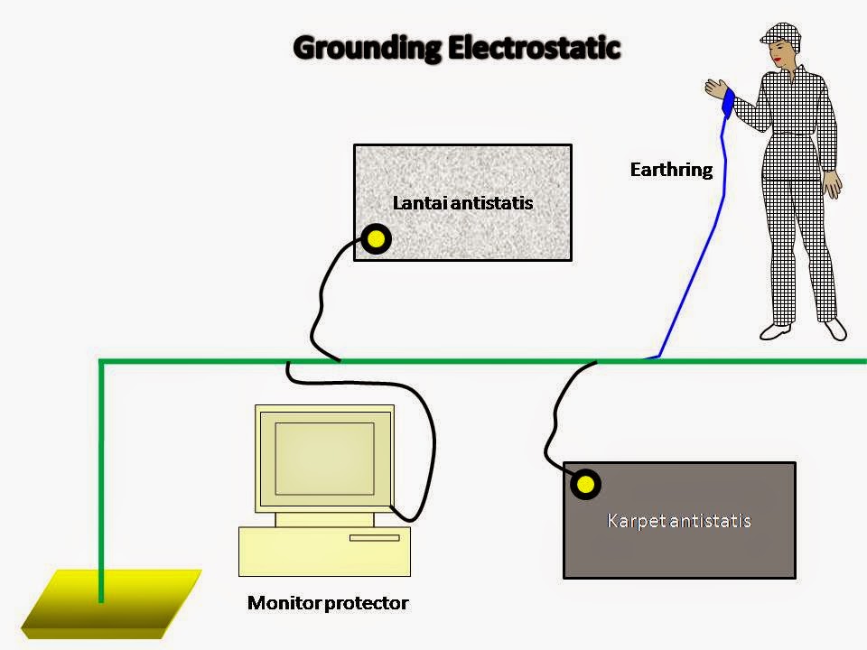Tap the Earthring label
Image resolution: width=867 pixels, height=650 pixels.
(671, 170)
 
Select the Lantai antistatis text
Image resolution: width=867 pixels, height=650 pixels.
(462, 203)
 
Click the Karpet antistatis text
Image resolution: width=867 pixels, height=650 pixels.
(679, 521)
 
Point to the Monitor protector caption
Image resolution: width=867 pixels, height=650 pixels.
(328, 603)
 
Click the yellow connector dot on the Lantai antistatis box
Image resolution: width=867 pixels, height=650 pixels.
(376, 239)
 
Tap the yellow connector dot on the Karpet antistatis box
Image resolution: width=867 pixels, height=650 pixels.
(586, 485)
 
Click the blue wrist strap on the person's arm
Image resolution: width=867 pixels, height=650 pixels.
(728, 103)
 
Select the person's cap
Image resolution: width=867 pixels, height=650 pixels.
(780, 34)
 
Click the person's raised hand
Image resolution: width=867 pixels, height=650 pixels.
(715, 88)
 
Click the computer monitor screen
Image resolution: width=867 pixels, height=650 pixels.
(324, 456)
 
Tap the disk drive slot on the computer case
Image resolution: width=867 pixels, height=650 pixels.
(374, 538)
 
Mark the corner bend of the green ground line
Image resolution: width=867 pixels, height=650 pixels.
(101, 363)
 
